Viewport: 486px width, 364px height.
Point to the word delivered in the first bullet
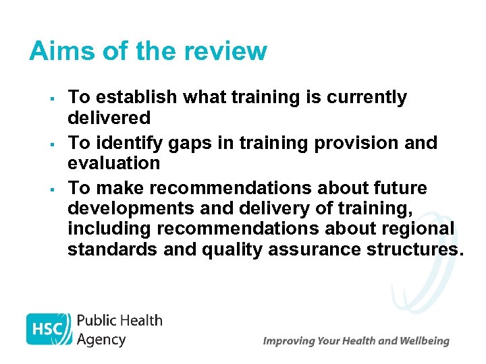point(109,118)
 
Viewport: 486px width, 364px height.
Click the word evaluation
point(113,163)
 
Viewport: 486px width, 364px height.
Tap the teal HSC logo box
point(49,330)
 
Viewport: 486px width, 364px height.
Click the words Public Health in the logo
point(119,320)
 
